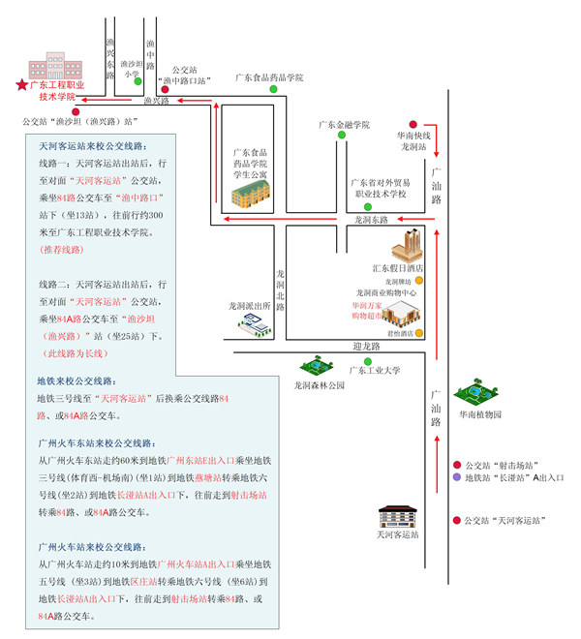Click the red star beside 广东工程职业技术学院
pos(21,85)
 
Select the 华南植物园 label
pos(481,414)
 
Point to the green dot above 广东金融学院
pos(341,136)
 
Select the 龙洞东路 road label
pos(372,221)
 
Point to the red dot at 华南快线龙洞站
pos(413,125)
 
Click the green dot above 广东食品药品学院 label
pos(273,89)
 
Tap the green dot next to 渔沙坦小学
pos(138,81)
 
